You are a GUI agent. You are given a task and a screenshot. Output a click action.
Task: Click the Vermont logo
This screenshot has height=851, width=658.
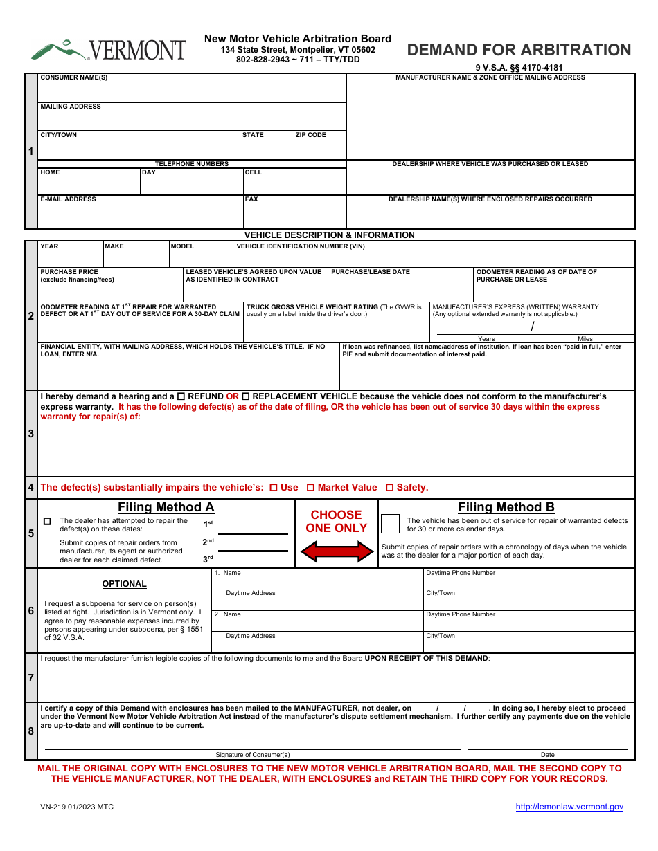point(108,50)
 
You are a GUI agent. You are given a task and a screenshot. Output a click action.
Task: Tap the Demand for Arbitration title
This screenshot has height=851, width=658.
point(519,50)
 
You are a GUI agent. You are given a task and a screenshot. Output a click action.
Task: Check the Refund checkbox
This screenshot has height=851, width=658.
point(181,396)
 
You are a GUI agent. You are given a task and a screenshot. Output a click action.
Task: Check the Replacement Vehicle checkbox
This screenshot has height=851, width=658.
point(245,396)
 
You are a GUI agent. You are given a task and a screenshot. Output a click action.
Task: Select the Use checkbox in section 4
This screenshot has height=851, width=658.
point(273,488)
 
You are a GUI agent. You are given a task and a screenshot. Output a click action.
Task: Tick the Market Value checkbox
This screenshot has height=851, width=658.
point(310,488)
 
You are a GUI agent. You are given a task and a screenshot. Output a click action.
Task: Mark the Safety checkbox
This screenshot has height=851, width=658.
point(389,488)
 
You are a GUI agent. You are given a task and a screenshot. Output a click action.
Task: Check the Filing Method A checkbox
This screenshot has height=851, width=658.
point(47,521)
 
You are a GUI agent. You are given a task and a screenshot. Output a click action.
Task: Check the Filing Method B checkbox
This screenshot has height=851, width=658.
point(391,524)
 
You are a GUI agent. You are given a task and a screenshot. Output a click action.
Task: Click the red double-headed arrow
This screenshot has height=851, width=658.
point(336,551)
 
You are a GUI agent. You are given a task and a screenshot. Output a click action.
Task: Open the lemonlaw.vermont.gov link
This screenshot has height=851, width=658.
point(569,807)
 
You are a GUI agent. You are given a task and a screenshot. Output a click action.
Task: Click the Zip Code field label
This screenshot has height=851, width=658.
point(310,135)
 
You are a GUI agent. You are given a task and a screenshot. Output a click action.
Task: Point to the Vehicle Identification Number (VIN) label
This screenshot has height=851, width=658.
point(301,246)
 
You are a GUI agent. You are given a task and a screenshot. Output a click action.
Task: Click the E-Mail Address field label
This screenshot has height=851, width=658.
point(68,199)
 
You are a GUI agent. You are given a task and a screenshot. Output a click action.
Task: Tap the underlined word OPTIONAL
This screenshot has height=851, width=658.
point(124,584)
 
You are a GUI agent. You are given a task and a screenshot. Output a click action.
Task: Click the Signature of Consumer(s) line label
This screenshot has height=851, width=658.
point(252,754)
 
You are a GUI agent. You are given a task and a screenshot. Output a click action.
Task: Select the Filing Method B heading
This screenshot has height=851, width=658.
point(506,507)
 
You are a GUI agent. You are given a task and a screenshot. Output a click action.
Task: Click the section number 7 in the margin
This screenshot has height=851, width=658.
point(30,678)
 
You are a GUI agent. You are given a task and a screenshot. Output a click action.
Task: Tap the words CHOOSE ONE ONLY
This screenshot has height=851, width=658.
point(336,521)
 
